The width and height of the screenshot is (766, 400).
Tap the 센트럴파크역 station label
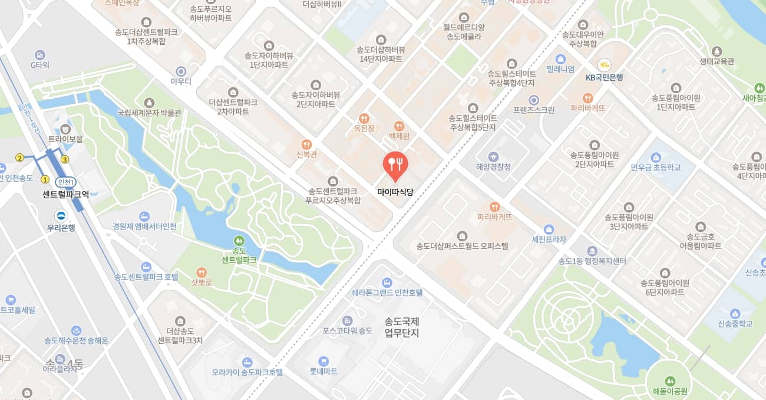(65, 194)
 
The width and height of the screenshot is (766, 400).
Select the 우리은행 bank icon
(61, 216)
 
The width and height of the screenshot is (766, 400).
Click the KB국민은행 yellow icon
(604, 65)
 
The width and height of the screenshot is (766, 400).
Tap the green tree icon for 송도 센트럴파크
(239, 241)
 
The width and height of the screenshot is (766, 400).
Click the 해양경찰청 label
(493, 167)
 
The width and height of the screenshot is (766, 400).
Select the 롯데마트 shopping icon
(323, 360)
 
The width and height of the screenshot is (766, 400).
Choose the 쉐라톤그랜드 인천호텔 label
(387, 293)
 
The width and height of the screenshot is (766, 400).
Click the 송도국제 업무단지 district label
(401, 327)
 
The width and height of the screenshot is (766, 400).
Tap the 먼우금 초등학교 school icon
(655, 157)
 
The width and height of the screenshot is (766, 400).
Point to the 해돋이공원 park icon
(670, 380)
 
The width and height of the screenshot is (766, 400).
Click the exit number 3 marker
(65, 159)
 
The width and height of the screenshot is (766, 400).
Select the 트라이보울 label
(65, 139)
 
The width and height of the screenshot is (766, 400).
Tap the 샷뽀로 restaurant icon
(202, 273)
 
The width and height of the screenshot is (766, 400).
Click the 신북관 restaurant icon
(306, 144)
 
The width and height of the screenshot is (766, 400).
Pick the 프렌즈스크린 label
(533, 110)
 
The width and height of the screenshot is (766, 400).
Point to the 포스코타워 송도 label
(348, 330)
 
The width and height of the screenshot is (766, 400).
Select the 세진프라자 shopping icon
(549, 229)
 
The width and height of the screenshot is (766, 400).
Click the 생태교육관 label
(717, 61)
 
